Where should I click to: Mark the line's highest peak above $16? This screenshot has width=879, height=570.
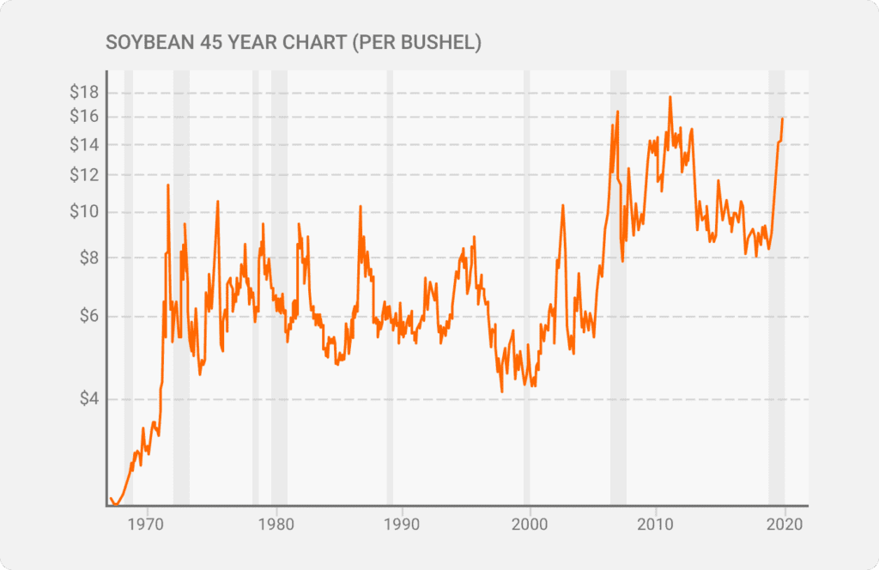[x=670, y=97]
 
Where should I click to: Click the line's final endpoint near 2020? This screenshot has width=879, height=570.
[x=782, y=118]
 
